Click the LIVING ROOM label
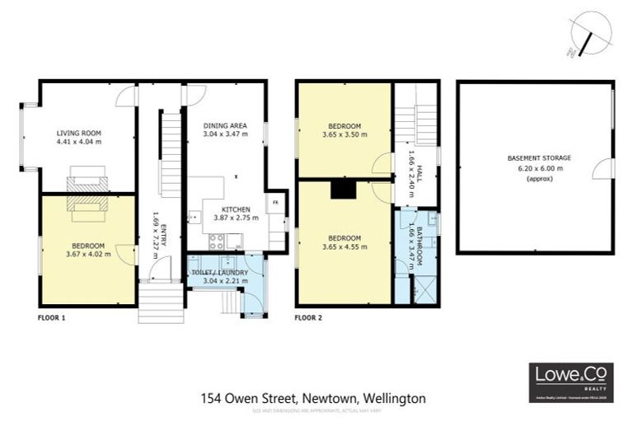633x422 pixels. pyautogui.click(x=78, y=133)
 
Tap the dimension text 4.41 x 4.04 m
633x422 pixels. pyautogui.click(x=78, y=142)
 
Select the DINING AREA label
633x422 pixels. pyautogui.click(x=225, y=124)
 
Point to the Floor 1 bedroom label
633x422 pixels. pyautogui.click(x=87, y=245)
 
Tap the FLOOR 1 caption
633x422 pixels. pyautogui.click(x=52, y=316)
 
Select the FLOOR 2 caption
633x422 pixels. pyautogui.click(x=310, y=316)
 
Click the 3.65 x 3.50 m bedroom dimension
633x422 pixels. pyautogui.click(x=344, y=134)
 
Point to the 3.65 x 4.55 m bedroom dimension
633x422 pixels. pyautogui.click(x=344, y=246)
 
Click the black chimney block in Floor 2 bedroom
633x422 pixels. pyautogui.click(x=341, y=190)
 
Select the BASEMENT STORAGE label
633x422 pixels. pyautogui.click(x=539, y=157)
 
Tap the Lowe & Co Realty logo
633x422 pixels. pyautogui.click(x=570, y=382)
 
